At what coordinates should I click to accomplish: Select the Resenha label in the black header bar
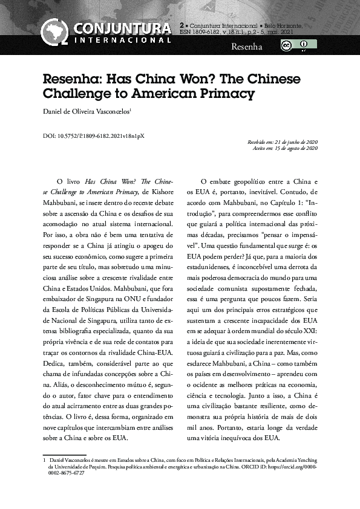(x=247, y=47)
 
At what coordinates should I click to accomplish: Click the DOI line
(x=93, y=137)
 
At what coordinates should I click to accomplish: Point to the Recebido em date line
(x=283, y=142)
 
